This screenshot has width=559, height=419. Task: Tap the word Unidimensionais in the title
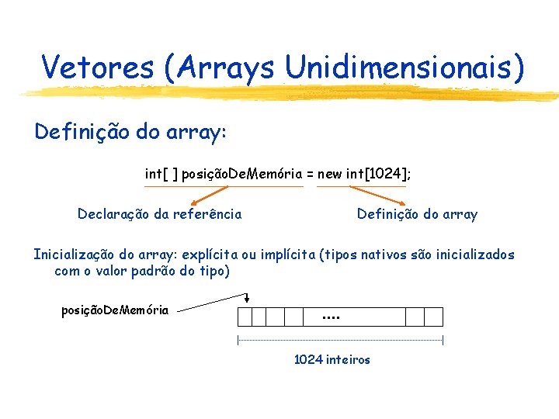pyautogui.click(x=404, y=68)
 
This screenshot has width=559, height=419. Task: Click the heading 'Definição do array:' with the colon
pyautogui.click(x=130, y=132)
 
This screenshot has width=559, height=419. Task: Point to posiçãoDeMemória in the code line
pyautogui.click(x=242, y=175)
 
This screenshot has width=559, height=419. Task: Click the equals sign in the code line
pyautogui.click(x=310, y=175)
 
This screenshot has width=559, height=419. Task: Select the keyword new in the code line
pyautogui.click(x=330, y=175)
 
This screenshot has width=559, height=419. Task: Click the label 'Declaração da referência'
pyautogui.click(x=159, y=214)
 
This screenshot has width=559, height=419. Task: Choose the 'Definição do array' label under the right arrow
pyautogui.click(x=417, y=214)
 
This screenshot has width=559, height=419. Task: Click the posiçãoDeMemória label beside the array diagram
pyautogui.click(x=115, y=310)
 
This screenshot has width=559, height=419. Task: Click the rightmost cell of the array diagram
pyautogui.click(x=434, y=317)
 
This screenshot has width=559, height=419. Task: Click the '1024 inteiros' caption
pyautogui.click(x=332, y=359)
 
